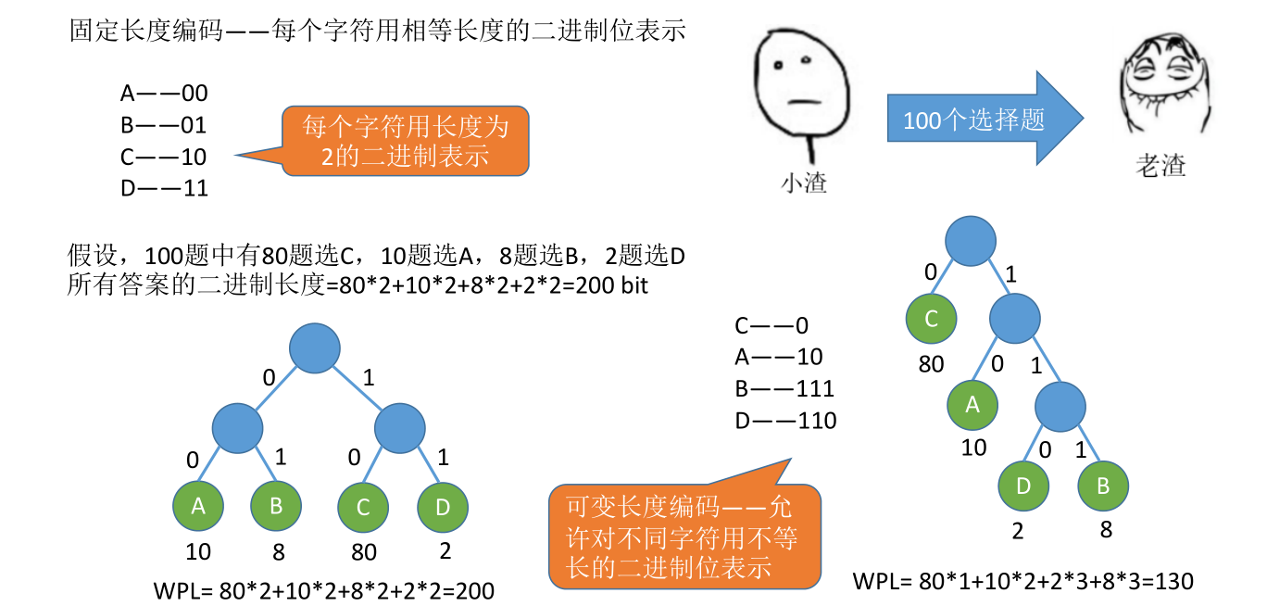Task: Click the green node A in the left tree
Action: [198, 506]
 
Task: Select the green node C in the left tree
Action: [363, 507]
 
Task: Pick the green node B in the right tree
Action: [1103, 486]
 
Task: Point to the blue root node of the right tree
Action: [972, 240]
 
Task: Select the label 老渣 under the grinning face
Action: [1160, 166]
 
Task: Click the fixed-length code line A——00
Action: [164, 93]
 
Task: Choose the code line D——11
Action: [164, 189]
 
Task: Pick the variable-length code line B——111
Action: [784, 388]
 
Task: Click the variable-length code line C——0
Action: [771, 325]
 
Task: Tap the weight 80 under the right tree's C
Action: [931, 364]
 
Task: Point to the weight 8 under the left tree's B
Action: [278, 552]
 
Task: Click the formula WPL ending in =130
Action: [1022, 581]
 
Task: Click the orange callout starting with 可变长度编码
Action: [684, 536]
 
